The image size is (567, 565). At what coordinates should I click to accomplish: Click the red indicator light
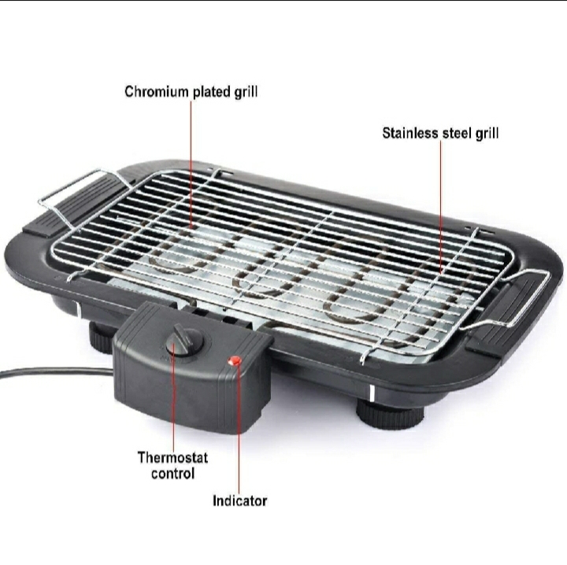point(235,360)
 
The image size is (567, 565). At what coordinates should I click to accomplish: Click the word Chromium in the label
point(157,92)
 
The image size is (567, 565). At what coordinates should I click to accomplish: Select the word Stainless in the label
point(410,133)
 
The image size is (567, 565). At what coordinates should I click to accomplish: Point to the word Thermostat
point(172,457)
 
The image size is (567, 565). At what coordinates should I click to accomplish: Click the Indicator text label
point(239,500)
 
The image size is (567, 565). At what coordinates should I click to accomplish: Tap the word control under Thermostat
point(172,473)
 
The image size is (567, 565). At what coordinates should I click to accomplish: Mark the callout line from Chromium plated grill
point(191,164)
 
